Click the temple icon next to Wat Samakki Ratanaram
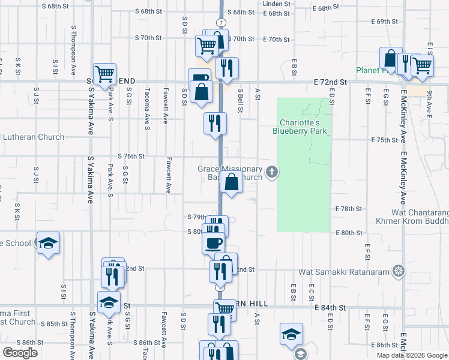click(399, 272)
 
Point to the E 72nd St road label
click(330, 81)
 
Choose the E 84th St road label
click(330, 307)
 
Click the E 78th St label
click(348, 209)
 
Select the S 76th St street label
click(131, 156)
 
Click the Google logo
click(20, 353)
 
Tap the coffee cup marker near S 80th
click(214, 242)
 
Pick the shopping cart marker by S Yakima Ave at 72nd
click(104, 74)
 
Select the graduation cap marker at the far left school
click(48, 243)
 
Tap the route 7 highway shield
click(221, 22)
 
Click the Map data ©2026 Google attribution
click(411, 355)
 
